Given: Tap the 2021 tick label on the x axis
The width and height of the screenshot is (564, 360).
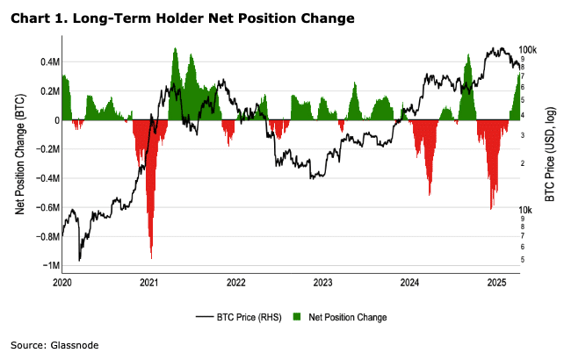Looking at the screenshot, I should point(148,283).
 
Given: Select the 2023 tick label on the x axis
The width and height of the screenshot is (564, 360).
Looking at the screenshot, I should point(322,283).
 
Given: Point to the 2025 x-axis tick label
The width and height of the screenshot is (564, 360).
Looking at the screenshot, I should point(496,283).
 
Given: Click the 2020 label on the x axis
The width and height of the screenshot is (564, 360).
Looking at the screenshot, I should point(61,283).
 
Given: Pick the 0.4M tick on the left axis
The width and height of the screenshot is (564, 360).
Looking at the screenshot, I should point(48,62).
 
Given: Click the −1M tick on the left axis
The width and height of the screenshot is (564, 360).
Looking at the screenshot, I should point(50,266).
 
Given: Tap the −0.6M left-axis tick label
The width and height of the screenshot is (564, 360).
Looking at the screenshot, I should point(47,208).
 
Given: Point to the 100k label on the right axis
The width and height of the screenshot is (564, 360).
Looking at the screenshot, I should point(529,50).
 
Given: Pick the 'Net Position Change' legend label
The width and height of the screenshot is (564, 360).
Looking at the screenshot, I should point(348,317).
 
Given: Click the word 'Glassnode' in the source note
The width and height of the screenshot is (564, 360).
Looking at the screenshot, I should point(74,345).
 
